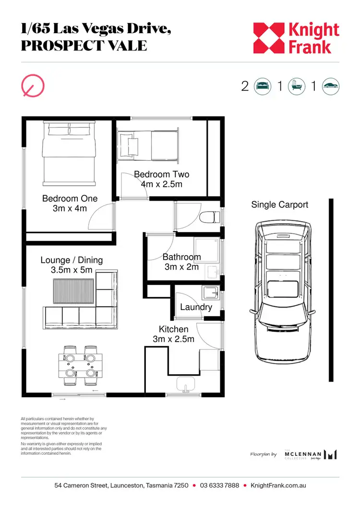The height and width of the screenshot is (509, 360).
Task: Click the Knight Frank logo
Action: [x=296, y=38]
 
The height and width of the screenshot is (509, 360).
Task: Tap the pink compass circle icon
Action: [x=33, y=85]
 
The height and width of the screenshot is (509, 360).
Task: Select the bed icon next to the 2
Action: [x=262, y=86]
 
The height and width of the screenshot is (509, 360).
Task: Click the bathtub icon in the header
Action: [x=295, y=86]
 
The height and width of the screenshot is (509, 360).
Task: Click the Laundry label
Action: [x=196, y=307]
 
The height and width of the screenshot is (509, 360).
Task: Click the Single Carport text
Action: [x=279, y=205]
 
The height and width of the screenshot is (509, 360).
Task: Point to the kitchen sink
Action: [x=186, y=384]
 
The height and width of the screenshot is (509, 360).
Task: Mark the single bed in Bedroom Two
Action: [x=150, y=144]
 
